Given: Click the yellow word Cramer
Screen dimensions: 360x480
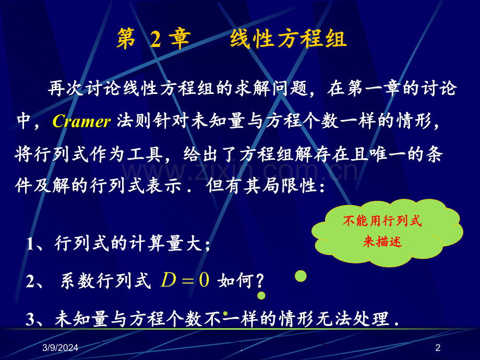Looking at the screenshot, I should pyautogui.click(x=81, y=122).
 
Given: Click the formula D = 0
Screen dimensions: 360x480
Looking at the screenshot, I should pyautogui.click(x=185, y=281).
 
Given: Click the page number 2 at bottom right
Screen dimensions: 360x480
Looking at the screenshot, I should pyautogui.click(x=438, y=348).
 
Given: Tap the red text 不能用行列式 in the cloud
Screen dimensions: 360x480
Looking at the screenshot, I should pyautogui.click(x=382, y=221).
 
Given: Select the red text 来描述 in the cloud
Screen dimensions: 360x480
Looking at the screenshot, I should pyautogui.click(x=382, y=242).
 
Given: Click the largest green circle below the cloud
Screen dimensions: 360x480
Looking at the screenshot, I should pyautogui.click(x=301, y=275).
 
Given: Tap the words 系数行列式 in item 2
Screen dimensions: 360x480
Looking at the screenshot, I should pyautogui.click(x=105, y=281).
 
